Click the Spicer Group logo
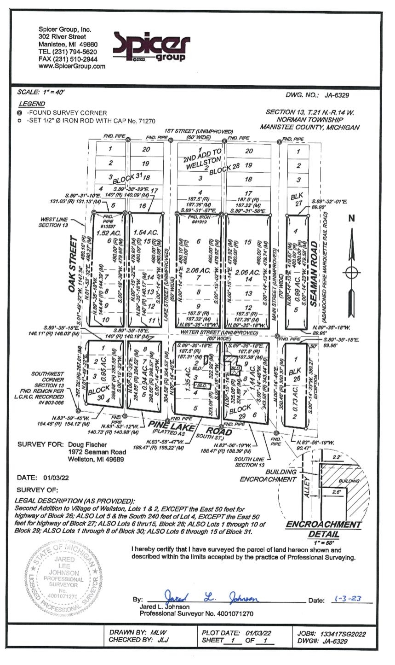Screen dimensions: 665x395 click(x=151, y=47)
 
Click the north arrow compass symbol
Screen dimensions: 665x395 click(x=351, y=271)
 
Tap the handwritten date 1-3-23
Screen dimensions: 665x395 click(x=348, y=599)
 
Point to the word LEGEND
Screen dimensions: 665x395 click(x=32, y=104)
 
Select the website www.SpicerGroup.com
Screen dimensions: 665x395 click(x=72, y=66)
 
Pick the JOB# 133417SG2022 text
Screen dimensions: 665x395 click(x=332, y=634)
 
